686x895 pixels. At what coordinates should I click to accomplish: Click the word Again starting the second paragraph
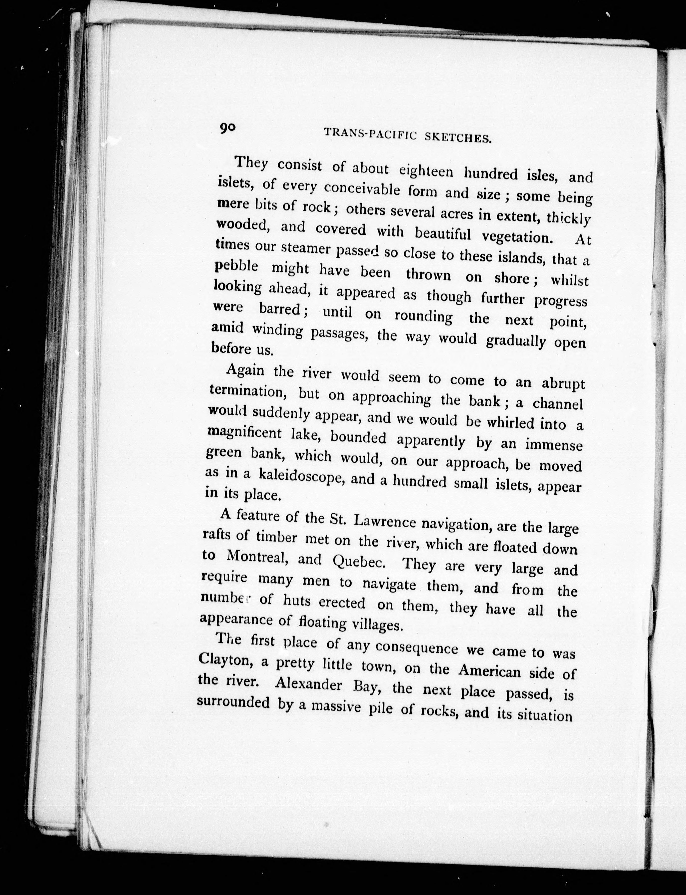[245, 370]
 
